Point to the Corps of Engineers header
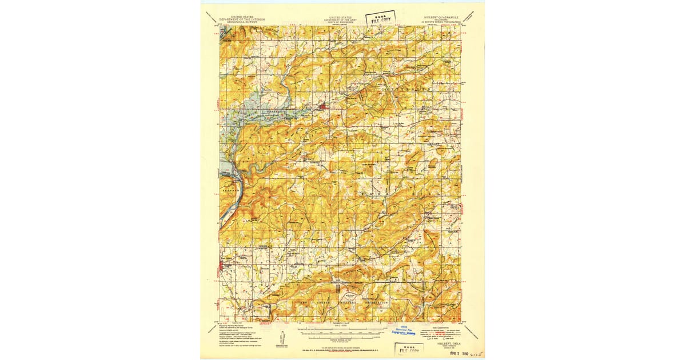[341, 21]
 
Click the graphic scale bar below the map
[341, 330]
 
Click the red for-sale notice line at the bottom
[341, 347]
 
